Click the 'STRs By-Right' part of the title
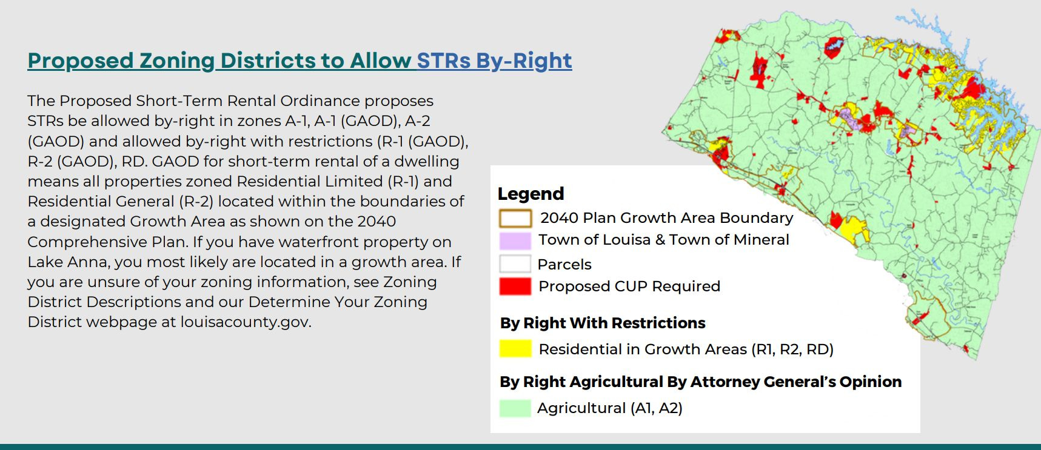(494, 61)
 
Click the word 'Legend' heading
(531, 194)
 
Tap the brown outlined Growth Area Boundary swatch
(515, 218)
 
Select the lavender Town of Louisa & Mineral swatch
(515, 240)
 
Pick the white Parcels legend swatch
(515, 264)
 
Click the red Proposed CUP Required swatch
(515, 286)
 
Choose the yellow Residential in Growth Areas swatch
(515, 349)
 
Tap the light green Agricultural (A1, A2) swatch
(515, 408)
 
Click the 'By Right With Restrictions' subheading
(603, 323)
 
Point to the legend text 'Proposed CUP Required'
(629, 286)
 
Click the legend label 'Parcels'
(564, 265)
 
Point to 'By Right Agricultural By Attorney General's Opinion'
(700, 382)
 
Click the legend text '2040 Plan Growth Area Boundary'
(666, 218)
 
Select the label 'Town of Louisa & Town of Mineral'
(664, 240)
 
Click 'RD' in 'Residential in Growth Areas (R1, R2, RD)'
(819, 349)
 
